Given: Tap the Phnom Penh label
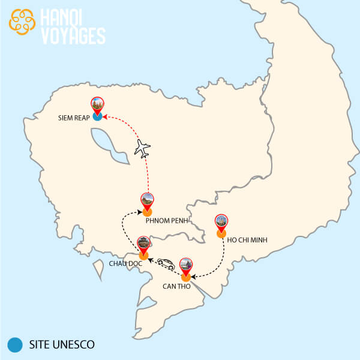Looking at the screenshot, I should [167, 220].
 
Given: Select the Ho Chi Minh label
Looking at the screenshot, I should [247, 240].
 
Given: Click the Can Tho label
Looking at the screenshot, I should [177, 286].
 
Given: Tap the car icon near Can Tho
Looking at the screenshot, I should [166, 263].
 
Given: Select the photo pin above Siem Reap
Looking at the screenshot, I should [97, 105].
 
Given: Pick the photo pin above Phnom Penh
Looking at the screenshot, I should [147, 200].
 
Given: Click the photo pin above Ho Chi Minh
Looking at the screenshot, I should [221, 222].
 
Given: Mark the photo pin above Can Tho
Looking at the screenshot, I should [186, 265].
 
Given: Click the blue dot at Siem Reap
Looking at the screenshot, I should [97, 117].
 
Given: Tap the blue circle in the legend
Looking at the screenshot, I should [14, 345].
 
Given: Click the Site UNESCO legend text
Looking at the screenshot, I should [61, 345].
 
